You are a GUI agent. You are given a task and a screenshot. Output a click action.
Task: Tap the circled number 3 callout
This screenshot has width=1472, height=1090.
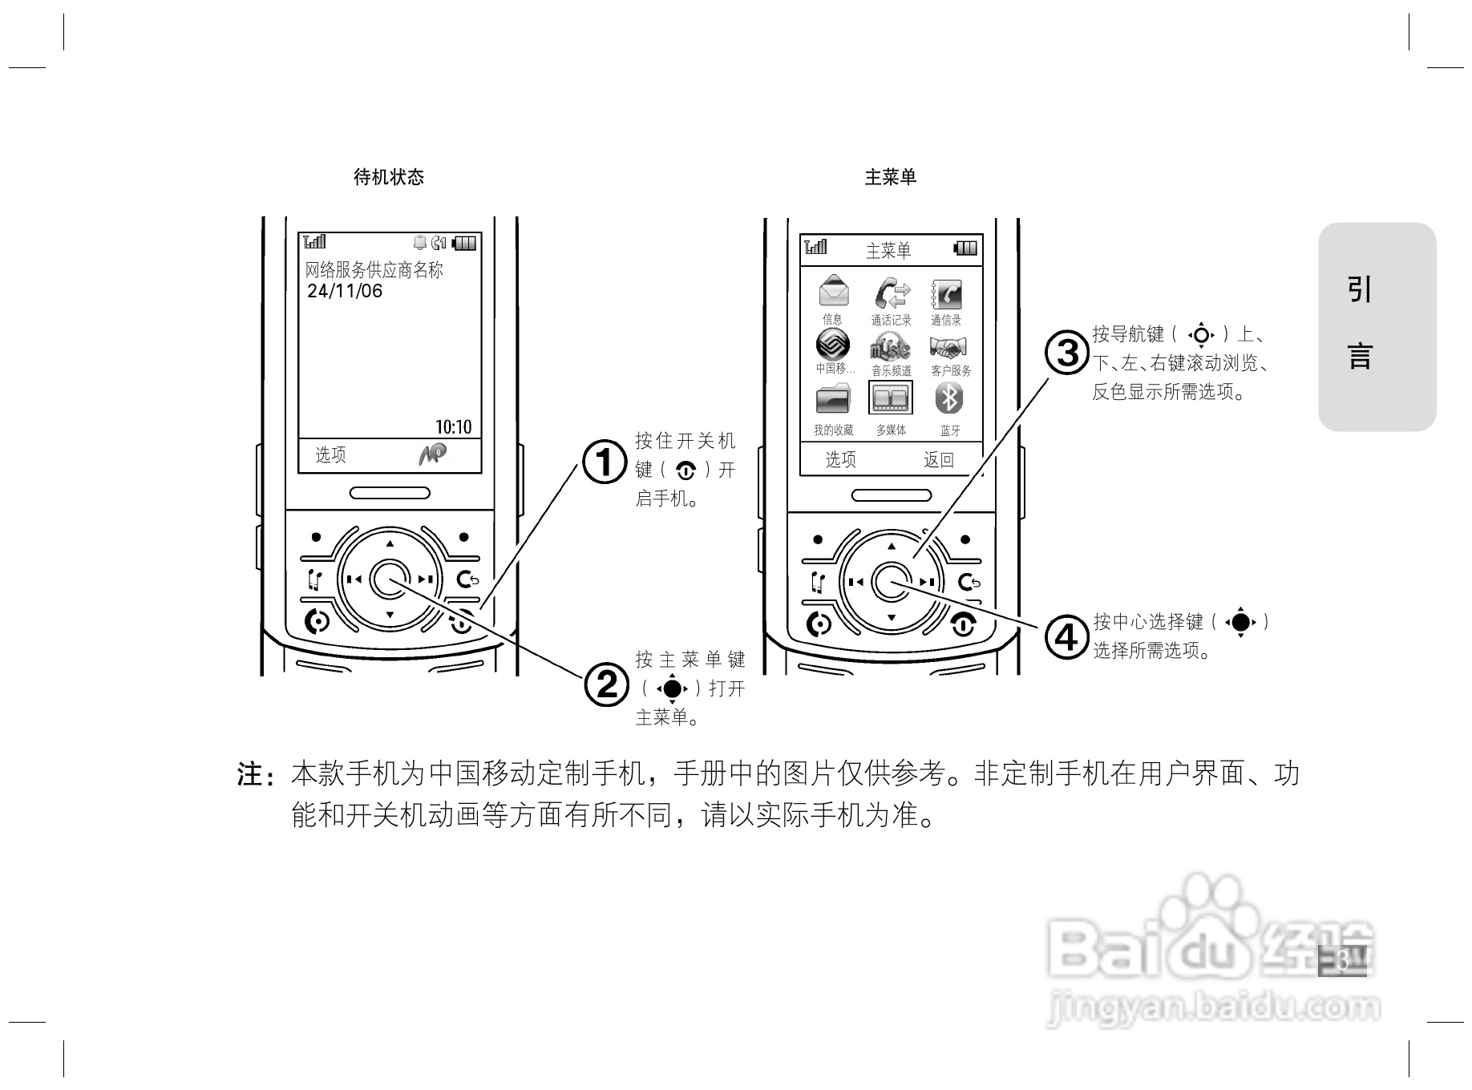[x=1067, y=353]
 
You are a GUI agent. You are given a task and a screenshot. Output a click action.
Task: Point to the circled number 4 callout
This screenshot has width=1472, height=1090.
[x=1066, y=637]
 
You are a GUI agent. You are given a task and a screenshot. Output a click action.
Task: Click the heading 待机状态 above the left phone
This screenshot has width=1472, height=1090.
[x=389, y=177]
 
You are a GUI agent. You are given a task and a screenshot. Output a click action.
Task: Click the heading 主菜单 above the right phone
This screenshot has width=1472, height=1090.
[x=890, y=177]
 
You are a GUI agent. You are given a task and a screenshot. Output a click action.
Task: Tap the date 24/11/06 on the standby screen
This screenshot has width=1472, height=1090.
[x=345, y=291]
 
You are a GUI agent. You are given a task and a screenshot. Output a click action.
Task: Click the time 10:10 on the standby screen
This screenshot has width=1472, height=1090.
[x=453, y=426]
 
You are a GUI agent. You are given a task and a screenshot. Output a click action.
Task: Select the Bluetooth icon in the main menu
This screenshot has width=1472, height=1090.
[x=950, y=398]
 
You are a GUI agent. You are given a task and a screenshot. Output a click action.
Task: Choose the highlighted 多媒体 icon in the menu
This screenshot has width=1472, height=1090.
[x=891, y=398]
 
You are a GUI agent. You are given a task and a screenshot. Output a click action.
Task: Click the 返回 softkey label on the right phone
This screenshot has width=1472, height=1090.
[x=938, y=459]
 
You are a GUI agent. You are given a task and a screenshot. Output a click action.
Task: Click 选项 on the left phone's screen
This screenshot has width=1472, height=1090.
[x=330, y=455]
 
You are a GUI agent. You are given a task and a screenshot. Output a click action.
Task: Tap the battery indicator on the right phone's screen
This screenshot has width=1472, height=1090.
[x=966, y=248]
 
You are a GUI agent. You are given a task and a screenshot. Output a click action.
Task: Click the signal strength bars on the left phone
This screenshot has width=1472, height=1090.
[x=314, y=241]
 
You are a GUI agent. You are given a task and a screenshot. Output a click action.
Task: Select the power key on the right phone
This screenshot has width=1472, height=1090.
[x=963, y=624]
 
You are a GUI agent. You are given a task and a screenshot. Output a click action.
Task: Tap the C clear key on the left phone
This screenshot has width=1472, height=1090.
[x=467, y=579]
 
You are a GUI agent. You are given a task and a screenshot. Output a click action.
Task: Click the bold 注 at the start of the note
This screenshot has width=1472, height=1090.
[x=250, y=775]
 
